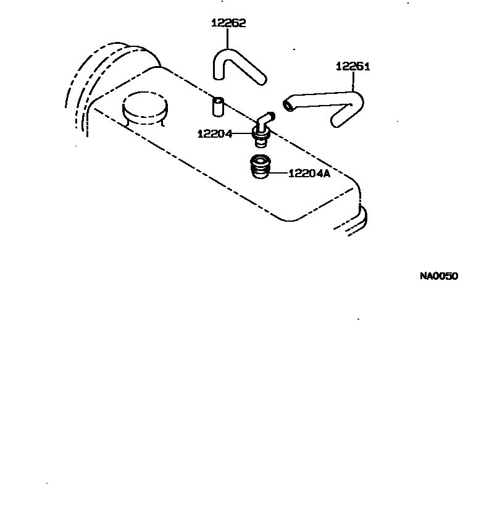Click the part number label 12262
228,23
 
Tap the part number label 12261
353,66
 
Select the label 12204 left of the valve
215,133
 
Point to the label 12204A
309,174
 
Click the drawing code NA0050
439,276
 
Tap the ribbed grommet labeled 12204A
259,167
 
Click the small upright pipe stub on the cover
218,106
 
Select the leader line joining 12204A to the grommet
278,174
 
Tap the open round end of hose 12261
289,106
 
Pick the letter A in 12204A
327,174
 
